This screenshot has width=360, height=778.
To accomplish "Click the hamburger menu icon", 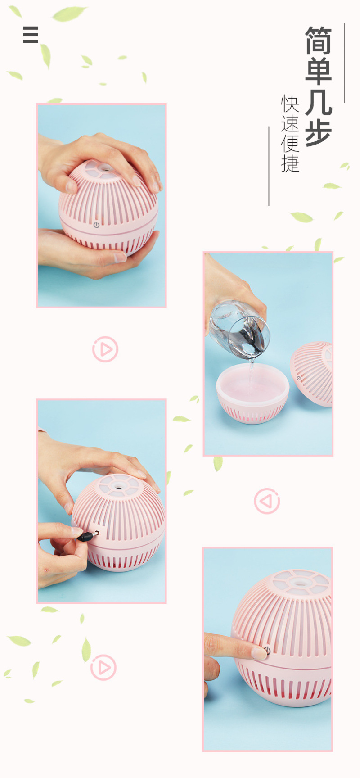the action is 31,35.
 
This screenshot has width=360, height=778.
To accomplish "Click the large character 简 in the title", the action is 319,40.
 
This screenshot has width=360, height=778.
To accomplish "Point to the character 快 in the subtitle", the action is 290,104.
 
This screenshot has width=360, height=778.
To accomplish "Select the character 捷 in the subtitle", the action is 290,163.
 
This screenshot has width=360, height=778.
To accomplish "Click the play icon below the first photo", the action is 105,349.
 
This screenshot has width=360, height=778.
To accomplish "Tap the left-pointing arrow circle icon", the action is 267,501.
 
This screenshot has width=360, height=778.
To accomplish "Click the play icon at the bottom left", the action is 103,667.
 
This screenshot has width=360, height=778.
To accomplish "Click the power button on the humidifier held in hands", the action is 96,225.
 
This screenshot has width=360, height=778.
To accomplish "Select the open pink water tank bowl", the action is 252,393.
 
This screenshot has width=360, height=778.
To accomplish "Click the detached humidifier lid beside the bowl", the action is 311,374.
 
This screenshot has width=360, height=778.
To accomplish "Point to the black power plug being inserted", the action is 88,536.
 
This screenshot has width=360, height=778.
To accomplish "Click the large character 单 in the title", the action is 319,71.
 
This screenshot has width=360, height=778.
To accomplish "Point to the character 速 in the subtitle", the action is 290,123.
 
